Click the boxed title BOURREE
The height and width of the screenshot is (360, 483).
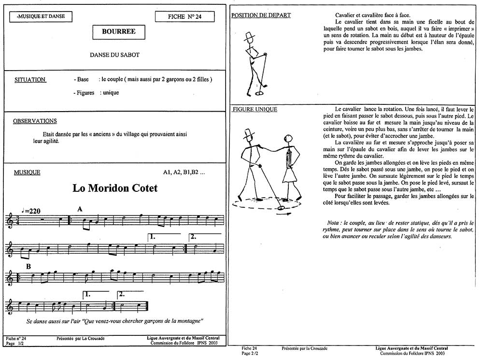[x=119, y=32]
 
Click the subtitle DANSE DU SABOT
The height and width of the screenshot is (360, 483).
[x=114, y=55]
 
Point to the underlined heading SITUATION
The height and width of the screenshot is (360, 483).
[x=30, y=79]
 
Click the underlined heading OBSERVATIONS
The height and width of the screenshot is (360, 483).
[x=35, y=121]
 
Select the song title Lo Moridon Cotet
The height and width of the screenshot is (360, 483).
[x=115, y=188]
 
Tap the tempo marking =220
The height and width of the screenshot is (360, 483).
[x=31, y=211]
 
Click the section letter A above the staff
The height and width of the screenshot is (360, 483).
[x=80, y=209]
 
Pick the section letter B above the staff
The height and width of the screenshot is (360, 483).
[x=28, y=266]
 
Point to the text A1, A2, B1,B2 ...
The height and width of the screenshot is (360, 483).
[x=184, y=173]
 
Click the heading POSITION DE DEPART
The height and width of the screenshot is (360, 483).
[x=261, y=15]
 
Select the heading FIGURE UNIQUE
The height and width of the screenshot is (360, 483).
[x=255, y=109]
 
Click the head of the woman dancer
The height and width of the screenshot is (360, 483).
[x=289, y=139]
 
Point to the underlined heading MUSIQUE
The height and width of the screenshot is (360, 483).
[x=27, y=173]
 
